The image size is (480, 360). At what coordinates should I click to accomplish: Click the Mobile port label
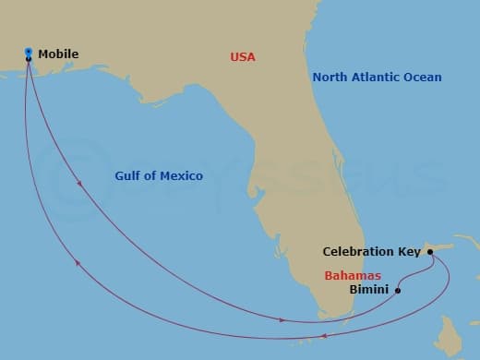[58, 54]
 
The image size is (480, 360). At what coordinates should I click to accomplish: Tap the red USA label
[242, 57]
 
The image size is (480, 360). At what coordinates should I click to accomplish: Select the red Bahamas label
[352, 275]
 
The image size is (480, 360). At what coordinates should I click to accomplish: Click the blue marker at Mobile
[29, 51]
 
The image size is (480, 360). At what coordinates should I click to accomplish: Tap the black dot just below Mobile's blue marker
[29, 59]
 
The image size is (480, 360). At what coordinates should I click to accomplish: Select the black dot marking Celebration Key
[431, 251]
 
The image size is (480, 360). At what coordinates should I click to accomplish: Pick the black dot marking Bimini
[398, 291]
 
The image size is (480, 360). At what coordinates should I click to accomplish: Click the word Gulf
[129, 175]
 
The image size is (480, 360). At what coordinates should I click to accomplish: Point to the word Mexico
[183, 175]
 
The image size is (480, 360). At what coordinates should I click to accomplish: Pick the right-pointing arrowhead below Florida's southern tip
[283, 320]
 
